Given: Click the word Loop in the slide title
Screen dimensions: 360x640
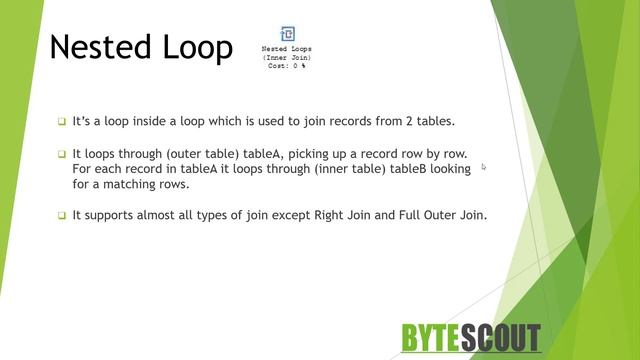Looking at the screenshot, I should (x=199, y=47).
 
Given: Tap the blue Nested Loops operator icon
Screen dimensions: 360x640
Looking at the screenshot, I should (x=287, y=34).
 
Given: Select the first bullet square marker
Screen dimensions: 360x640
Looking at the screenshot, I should (x=61, y=122).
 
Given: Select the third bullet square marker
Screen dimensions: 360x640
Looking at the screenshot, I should (x=61, y=215).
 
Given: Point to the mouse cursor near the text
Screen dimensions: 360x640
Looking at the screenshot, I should (x=484, y=167).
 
